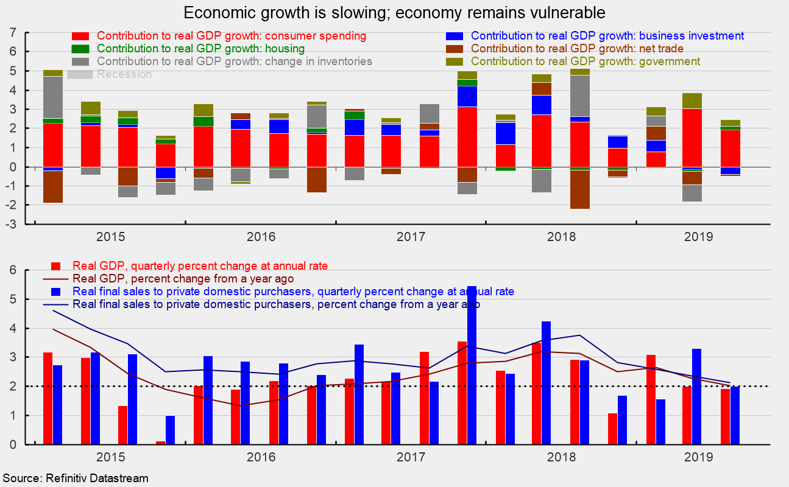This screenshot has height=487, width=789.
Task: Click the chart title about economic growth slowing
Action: [x=394, y=13]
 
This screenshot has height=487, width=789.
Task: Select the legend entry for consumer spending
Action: [x=232, y=36]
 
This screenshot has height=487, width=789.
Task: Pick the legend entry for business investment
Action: [x=607, y=36]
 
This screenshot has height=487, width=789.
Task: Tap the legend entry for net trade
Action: [x=577, y=49]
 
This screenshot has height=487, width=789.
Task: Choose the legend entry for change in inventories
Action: [x=235, y=61]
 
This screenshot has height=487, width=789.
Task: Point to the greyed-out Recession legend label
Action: [x=124, y=74]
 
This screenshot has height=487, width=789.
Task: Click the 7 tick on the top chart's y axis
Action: [x=12, y=33]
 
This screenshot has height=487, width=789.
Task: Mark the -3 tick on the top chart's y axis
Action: [x=10, y=224]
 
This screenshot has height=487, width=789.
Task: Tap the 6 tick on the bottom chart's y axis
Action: [x=12, y=270]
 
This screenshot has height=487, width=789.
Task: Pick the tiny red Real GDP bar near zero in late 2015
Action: [x=160, y=443]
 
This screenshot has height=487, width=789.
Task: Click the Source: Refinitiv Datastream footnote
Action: [x=75, y=478]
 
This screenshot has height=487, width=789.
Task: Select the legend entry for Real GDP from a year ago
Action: [x=183, y=279]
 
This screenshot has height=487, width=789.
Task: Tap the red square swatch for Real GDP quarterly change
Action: [x=56, y=266]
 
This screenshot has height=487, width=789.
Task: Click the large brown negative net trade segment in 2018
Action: [x=579, y=189]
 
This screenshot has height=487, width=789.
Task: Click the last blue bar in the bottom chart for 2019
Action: [x=734, y=415]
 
